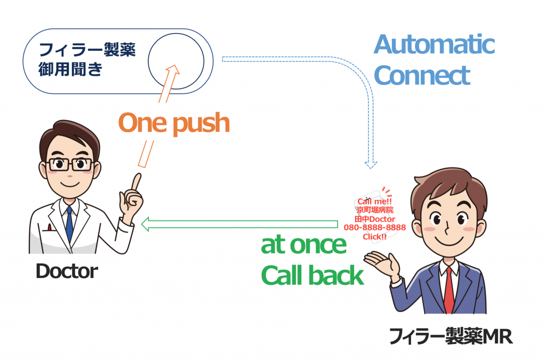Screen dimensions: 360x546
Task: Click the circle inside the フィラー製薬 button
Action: coord(176,60)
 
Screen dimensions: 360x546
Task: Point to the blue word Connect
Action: coord(422,76)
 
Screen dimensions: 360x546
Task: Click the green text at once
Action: coord(303,245)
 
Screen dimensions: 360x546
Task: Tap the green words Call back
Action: coord(312,276)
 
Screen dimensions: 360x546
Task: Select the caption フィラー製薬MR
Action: coord(451,337)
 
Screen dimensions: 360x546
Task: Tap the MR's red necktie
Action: coord(448,291)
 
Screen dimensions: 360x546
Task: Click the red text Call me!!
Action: coord(374,202)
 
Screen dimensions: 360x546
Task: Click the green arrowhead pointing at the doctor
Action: coord(146,226)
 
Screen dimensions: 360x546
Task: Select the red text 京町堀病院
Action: coord(374,210)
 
